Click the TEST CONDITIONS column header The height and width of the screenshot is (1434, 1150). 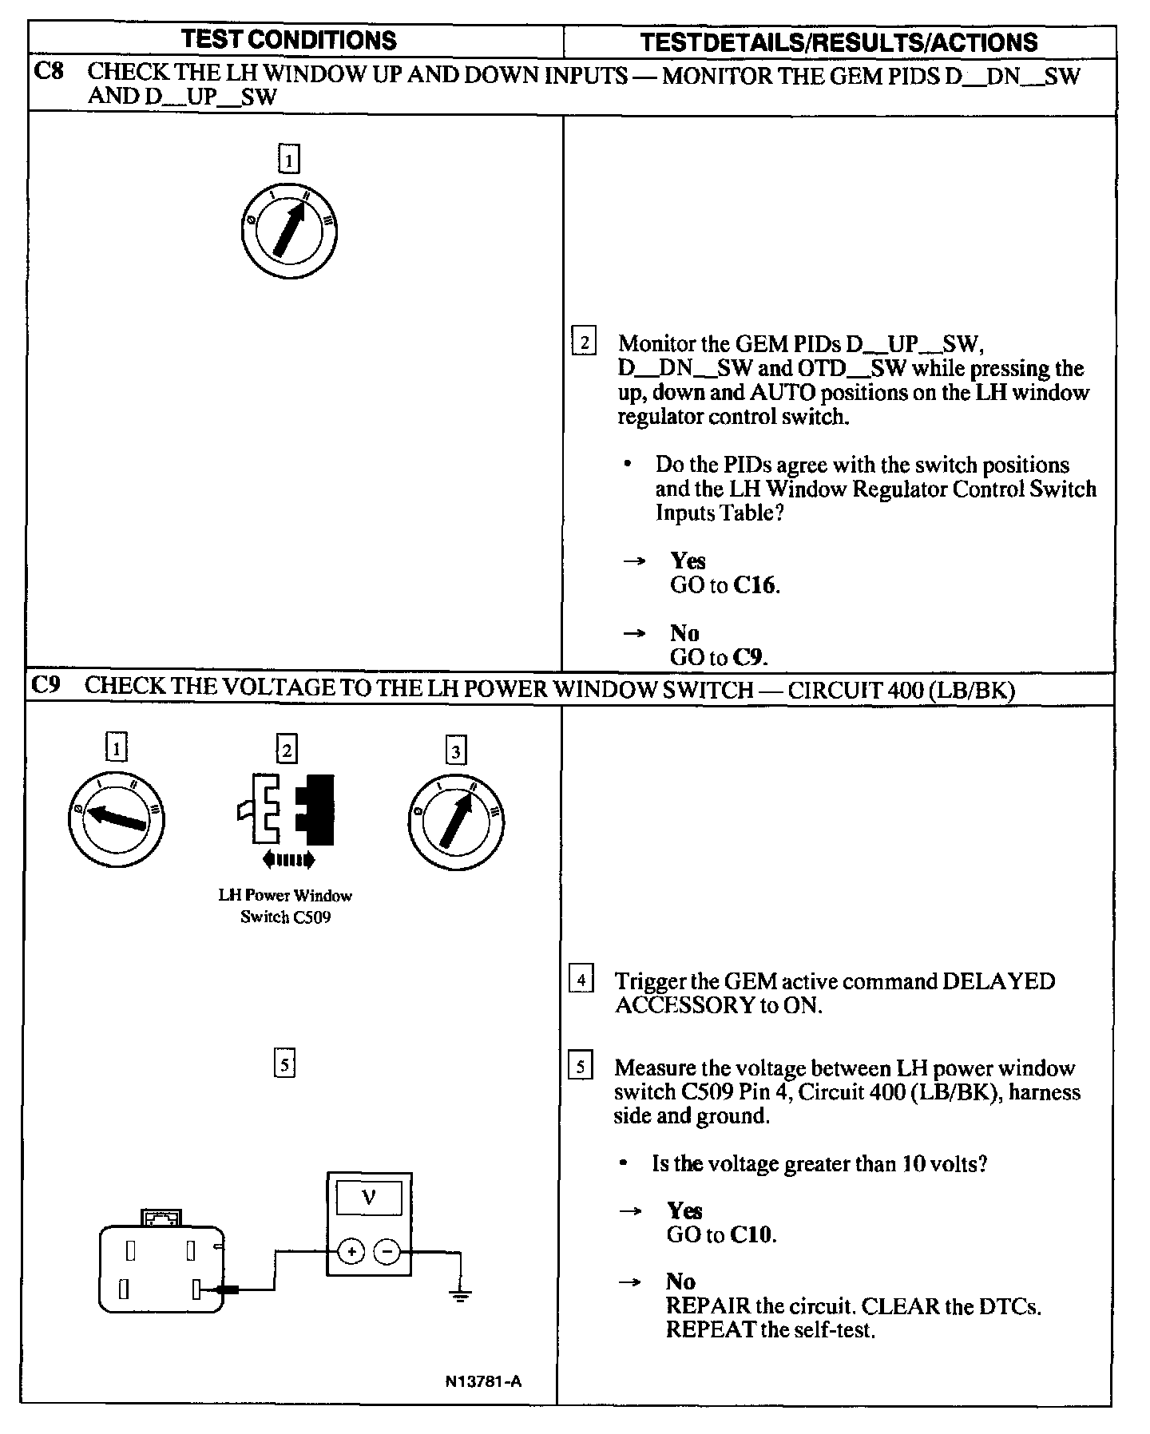288,40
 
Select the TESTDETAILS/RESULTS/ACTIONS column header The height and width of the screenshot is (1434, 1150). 839,42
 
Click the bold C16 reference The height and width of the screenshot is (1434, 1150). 755,585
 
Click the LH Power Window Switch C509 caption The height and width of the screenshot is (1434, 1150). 285,906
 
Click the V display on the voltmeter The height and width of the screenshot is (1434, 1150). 369,1198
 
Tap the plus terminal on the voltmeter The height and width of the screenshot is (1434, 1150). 351,1251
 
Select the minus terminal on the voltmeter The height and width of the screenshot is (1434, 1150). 387,1251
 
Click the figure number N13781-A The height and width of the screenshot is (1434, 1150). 484,1381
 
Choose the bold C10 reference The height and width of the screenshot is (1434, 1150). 751,1235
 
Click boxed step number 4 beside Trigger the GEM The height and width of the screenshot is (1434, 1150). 581,980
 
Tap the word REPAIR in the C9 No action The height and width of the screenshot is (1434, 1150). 708,1306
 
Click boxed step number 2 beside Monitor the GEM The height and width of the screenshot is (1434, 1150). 584,343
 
